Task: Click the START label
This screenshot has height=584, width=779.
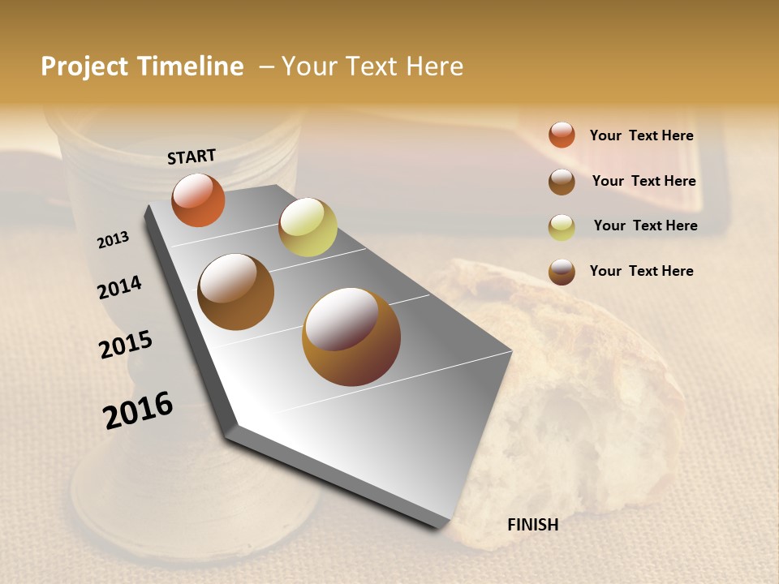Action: pyautogui.click(x=192, y=157)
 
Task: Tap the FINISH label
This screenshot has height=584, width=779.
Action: pyautogui.click(x=532, y=525)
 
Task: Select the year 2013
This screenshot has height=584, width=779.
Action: pyautogui.click(x=113, y=240)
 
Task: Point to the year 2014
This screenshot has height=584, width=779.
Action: pyautogui.click(x=119, y=287)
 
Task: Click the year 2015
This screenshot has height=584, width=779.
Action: pyautogui.click(x=126, y=345)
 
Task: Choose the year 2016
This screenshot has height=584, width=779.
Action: pyautogui.click(x=138, y=410)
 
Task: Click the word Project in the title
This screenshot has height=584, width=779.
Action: pyautogui.click(x=85, y=67)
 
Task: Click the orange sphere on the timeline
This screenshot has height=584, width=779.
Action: pyautogui.click(x=198, y=200)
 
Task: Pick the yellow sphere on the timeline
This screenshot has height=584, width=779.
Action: pyautogui.click(x=308, y=227)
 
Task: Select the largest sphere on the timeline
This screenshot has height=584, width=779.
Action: pyautogui.click(x=351, y=337)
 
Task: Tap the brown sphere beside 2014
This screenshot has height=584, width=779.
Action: pyautogui.click(x=235, y=292)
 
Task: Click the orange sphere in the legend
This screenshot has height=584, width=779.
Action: pyautogui.click(x=562, y=135)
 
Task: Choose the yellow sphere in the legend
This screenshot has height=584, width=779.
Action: pyautogui.click(x=562, y=227)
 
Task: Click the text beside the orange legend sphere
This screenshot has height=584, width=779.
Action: pyautogui.click(x=641, y=135)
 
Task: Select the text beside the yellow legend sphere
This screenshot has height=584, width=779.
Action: pyautogui.click(x=645, y=225)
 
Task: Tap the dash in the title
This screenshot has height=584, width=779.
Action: pyautogui.click(x=266, y=67)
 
